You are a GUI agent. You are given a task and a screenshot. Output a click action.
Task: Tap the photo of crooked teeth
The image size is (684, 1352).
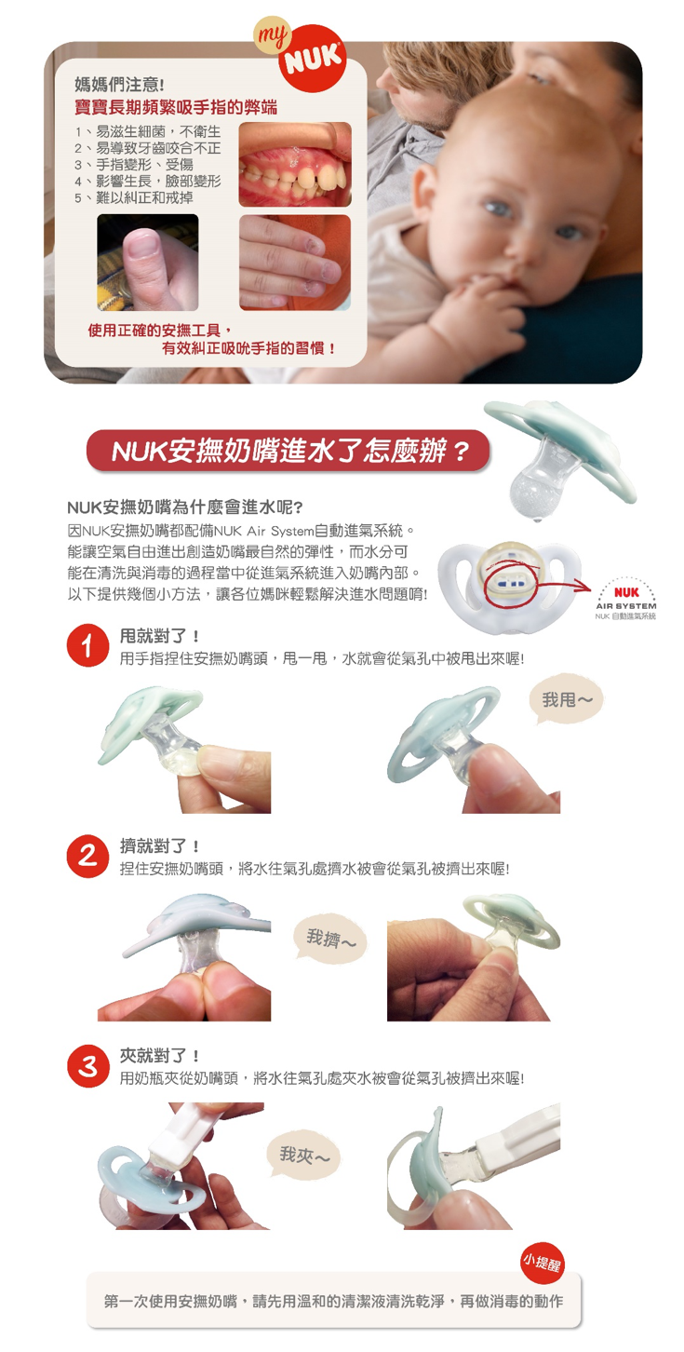(x=294, y=164)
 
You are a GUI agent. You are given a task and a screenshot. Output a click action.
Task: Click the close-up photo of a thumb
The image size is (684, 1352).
(x=147, y=262)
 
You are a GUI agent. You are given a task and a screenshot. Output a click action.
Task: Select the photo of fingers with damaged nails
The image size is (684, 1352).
(x=294, y=262)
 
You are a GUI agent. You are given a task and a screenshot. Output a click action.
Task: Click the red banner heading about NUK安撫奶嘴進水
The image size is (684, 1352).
(x=288, y=453)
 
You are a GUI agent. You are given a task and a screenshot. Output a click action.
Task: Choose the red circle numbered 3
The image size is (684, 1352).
(x=87, y=1066)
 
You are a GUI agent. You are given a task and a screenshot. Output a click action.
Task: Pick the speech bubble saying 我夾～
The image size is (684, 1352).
(x=303, y=1156)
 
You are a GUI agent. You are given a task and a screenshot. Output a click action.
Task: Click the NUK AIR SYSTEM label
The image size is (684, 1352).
(x=626, y=601)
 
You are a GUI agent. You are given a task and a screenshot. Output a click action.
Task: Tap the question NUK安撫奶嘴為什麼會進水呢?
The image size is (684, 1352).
(x=184, y=507)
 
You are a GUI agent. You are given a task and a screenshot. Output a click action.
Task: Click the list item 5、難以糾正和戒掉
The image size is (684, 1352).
(x=134, y=198)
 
